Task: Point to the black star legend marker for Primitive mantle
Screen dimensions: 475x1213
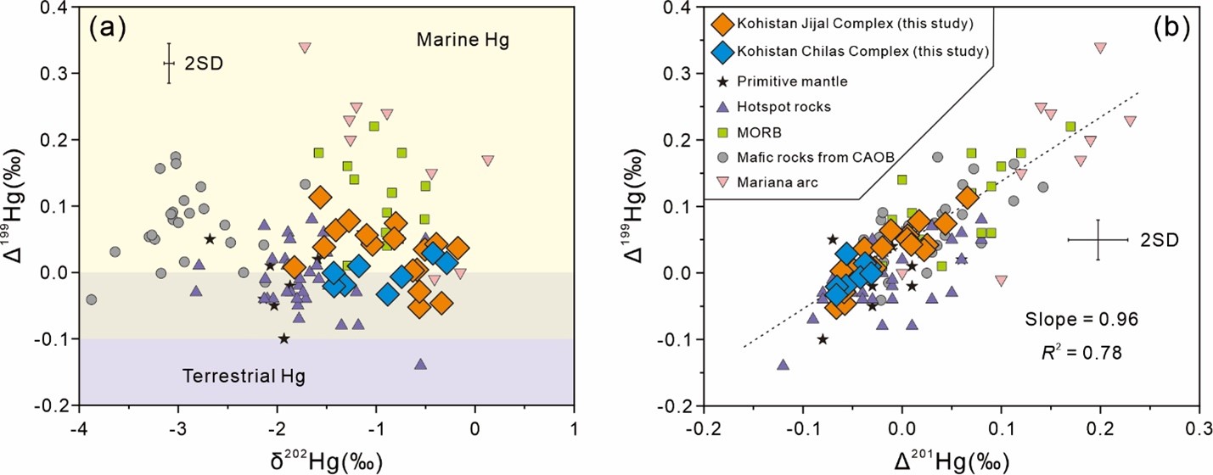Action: click(x=723, y=81)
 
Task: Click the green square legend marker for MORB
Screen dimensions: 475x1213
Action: click(x=723, y=132)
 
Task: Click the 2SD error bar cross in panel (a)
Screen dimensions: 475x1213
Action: click(x=169, y=63)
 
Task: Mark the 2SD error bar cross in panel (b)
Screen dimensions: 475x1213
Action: click(x=1098, y=240)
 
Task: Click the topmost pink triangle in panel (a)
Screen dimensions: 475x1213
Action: click(x=305, y=47)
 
